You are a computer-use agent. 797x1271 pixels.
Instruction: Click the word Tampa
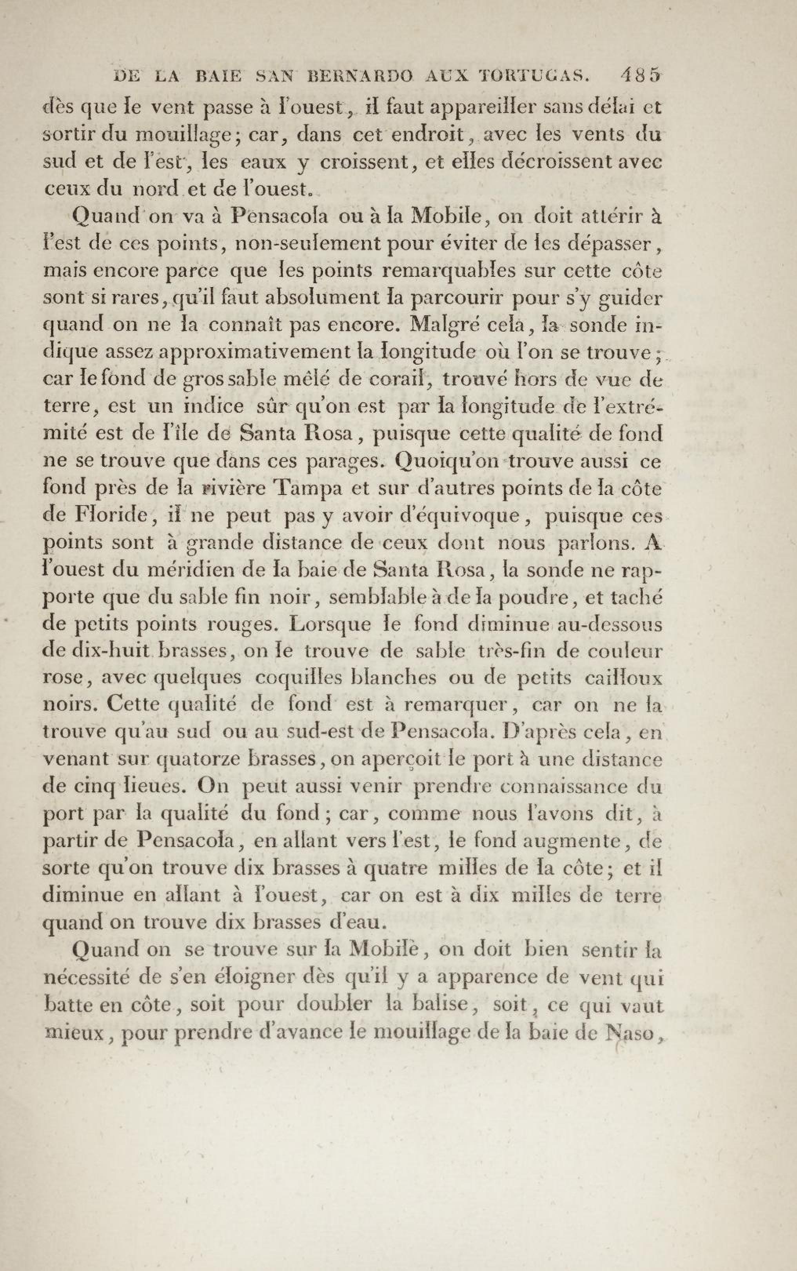pos(310,489)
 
